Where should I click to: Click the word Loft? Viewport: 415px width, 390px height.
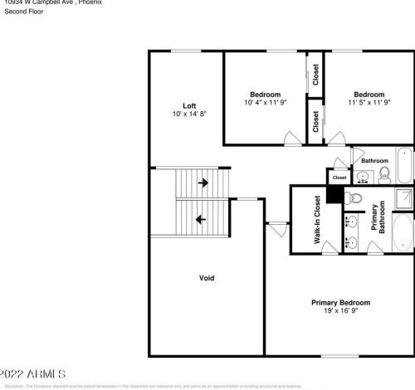coord(189,105)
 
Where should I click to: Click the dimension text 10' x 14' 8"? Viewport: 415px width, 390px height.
coord(189,115)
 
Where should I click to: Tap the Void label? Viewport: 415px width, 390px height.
coord(207,277)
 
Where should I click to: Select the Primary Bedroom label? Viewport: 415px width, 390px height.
coord(340,303)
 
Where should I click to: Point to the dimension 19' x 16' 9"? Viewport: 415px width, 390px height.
coord(340,312)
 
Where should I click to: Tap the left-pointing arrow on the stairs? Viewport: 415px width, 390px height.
coord(200,219)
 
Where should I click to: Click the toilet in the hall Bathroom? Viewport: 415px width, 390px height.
coord(384,173)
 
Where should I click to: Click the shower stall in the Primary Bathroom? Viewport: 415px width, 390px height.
coord(402,199)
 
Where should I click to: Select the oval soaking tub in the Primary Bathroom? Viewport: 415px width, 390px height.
coord(401,234)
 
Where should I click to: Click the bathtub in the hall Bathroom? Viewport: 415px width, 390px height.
coord(403,164)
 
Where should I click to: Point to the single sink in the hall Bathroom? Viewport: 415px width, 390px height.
coord(363,176)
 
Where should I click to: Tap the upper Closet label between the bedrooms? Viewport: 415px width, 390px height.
coord(315,75)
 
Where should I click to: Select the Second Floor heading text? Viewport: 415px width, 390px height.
coord(22,12)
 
